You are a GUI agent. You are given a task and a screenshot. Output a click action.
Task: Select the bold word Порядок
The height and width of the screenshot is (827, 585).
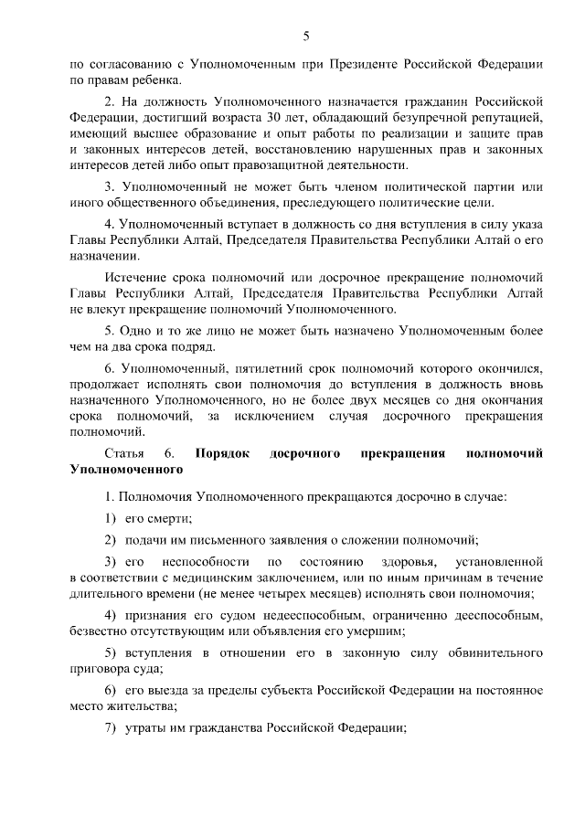click(226, 454)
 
